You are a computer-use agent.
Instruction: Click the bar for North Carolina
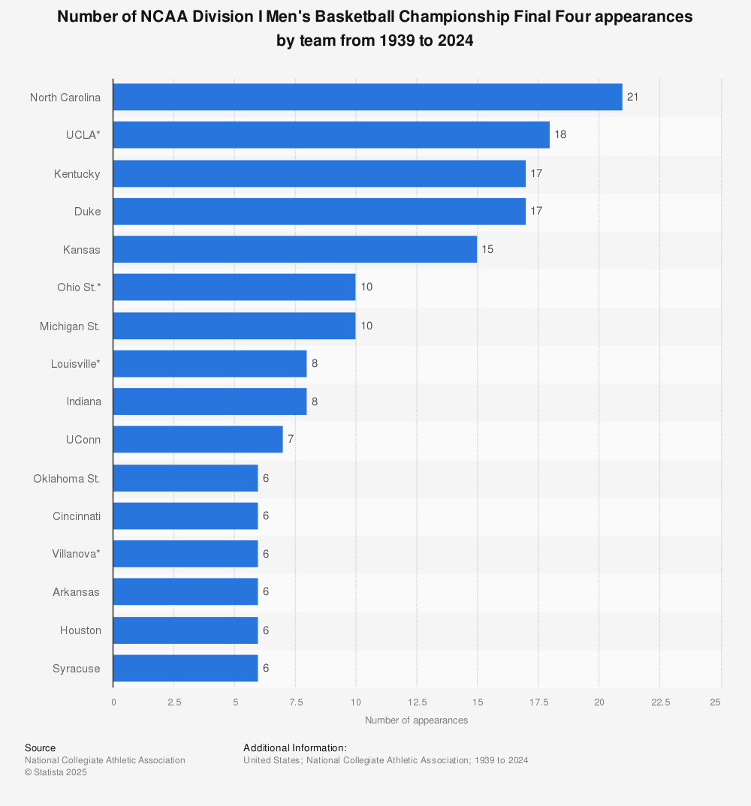point(367,97)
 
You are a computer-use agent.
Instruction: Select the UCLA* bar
point(331,135)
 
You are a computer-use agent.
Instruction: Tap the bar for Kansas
point(294,249)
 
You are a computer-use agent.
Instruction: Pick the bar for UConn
point(198,439)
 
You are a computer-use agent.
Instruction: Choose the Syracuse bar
point(185,668)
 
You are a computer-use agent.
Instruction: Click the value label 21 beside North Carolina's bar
point(632,97)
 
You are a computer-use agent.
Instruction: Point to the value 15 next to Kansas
point(487,249)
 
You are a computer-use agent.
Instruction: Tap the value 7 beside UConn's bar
point(291,439)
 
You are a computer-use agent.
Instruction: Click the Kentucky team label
point(77,173)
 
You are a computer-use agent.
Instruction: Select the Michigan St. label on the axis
point(70,326)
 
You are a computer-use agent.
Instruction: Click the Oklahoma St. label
point(67,478)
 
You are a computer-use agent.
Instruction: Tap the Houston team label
point(80,630)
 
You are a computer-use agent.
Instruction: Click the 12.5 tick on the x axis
point(417,702)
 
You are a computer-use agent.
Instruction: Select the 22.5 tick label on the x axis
point(659,702)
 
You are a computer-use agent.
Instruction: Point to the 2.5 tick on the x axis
point(173,702)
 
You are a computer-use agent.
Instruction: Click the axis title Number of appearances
point(416,720)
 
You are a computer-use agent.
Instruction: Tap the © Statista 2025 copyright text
point(56,772)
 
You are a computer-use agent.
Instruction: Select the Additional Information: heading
point(294,748)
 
